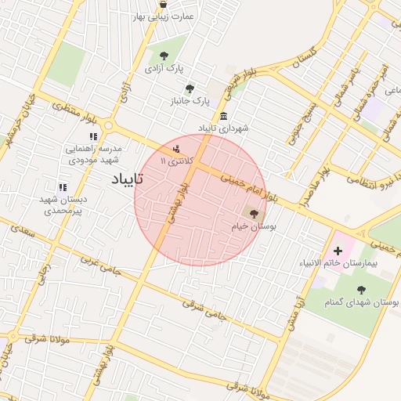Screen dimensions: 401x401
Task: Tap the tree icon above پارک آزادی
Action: [164, 56]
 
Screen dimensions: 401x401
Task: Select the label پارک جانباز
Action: [191, 101]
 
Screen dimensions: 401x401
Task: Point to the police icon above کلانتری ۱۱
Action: [176, 148]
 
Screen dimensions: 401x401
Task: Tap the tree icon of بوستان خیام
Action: [253, 212]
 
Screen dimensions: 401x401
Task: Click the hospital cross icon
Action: [338, 251]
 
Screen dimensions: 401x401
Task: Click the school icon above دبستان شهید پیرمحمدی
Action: [62, 187]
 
